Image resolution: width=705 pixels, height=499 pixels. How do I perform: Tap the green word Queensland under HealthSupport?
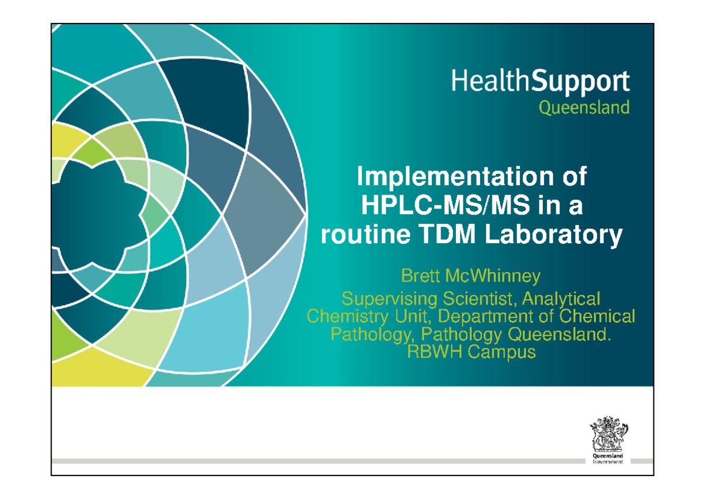[x=584, y=108]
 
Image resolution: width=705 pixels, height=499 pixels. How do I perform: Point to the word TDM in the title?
[x=449, y=235]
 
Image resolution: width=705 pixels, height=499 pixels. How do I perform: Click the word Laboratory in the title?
[x=554, y=235]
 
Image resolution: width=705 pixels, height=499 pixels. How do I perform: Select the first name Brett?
[x=420, y=275]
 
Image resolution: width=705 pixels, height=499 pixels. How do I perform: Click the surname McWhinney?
[x=492, y=275]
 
